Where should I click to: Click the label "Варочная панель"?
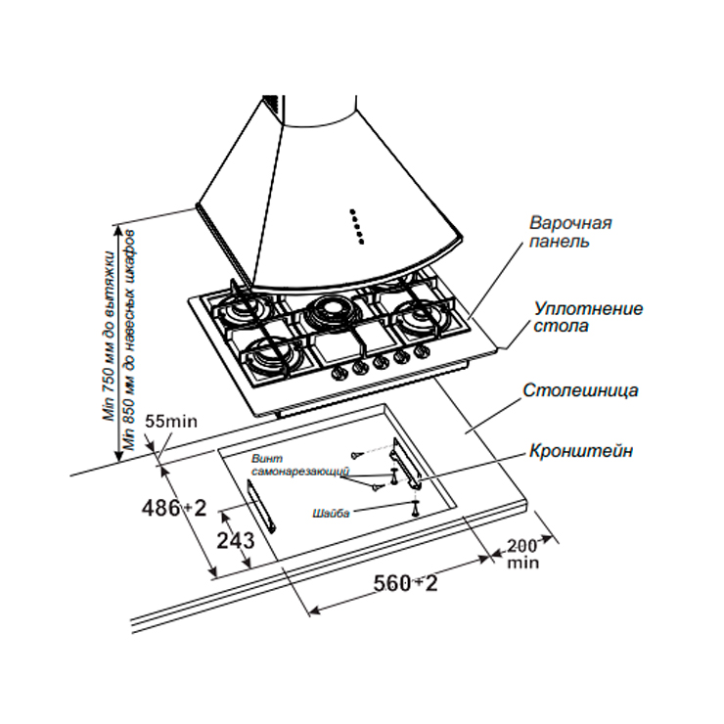point(571,231)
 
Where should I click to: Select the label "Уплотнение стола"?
point(588,317)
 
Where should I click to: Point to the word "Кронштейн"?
point(581,451)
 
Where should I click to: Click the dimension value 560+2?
point(405,584)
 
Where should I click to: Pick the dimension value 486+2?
point(174,508)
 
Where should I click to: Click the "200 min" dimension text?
point(523,554)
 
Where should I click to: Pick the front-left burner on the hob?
point(266,355)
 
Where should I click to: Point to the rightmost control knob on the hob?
point(423,350)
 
